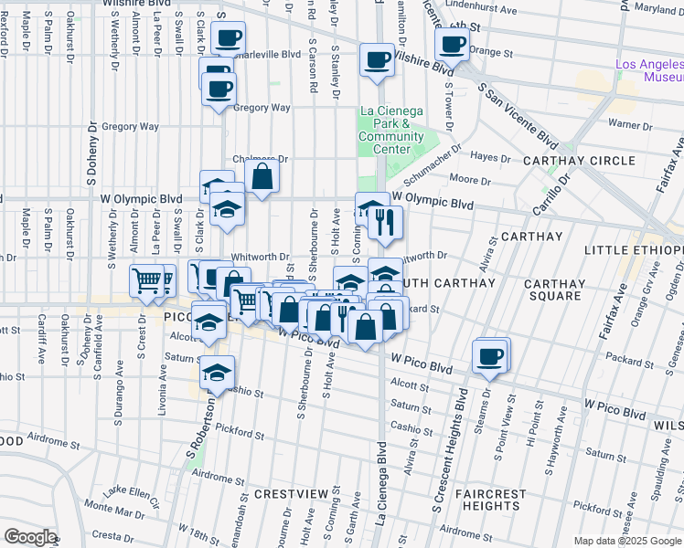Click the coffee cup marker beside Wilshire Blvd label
click(376, 60)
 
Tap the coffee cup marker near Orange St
click(452, 43)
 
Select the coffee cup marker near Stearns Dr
click(489, 355)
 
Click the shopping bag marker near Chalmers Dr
click(262, 177)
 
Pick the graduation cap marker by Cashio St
click(217, 373)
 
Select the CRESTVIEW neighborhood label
click(290, 494)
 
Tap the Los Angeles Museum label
click(649, 70)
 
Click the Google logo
click(30, 537)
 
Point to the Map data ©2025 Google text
click(626, 541)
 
